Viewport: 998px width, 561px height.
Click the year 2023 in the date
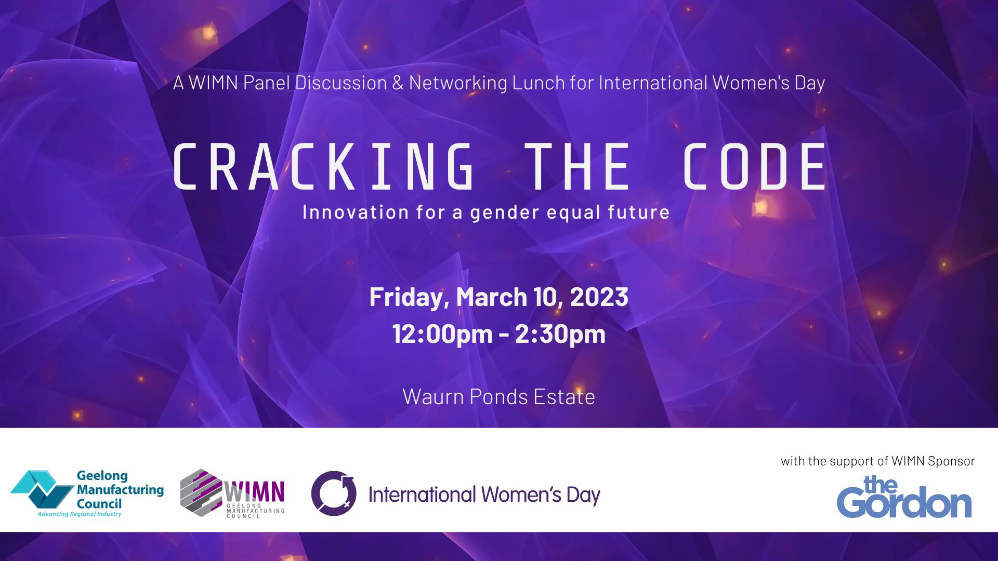(599, 297)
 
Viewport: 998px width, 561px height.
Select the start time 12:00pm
(442, 333)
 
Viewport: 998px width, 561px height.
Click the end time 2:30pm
(560, 333)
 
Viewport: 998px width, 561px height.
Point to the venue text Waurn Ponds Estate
(498, 397)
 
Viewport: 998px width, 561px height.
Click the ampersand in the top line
(398, 83)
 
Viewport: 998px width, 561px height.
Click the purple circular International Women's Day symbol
(334, 493)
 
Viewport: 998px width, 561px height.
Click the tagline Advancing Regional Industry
(79, 514)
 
